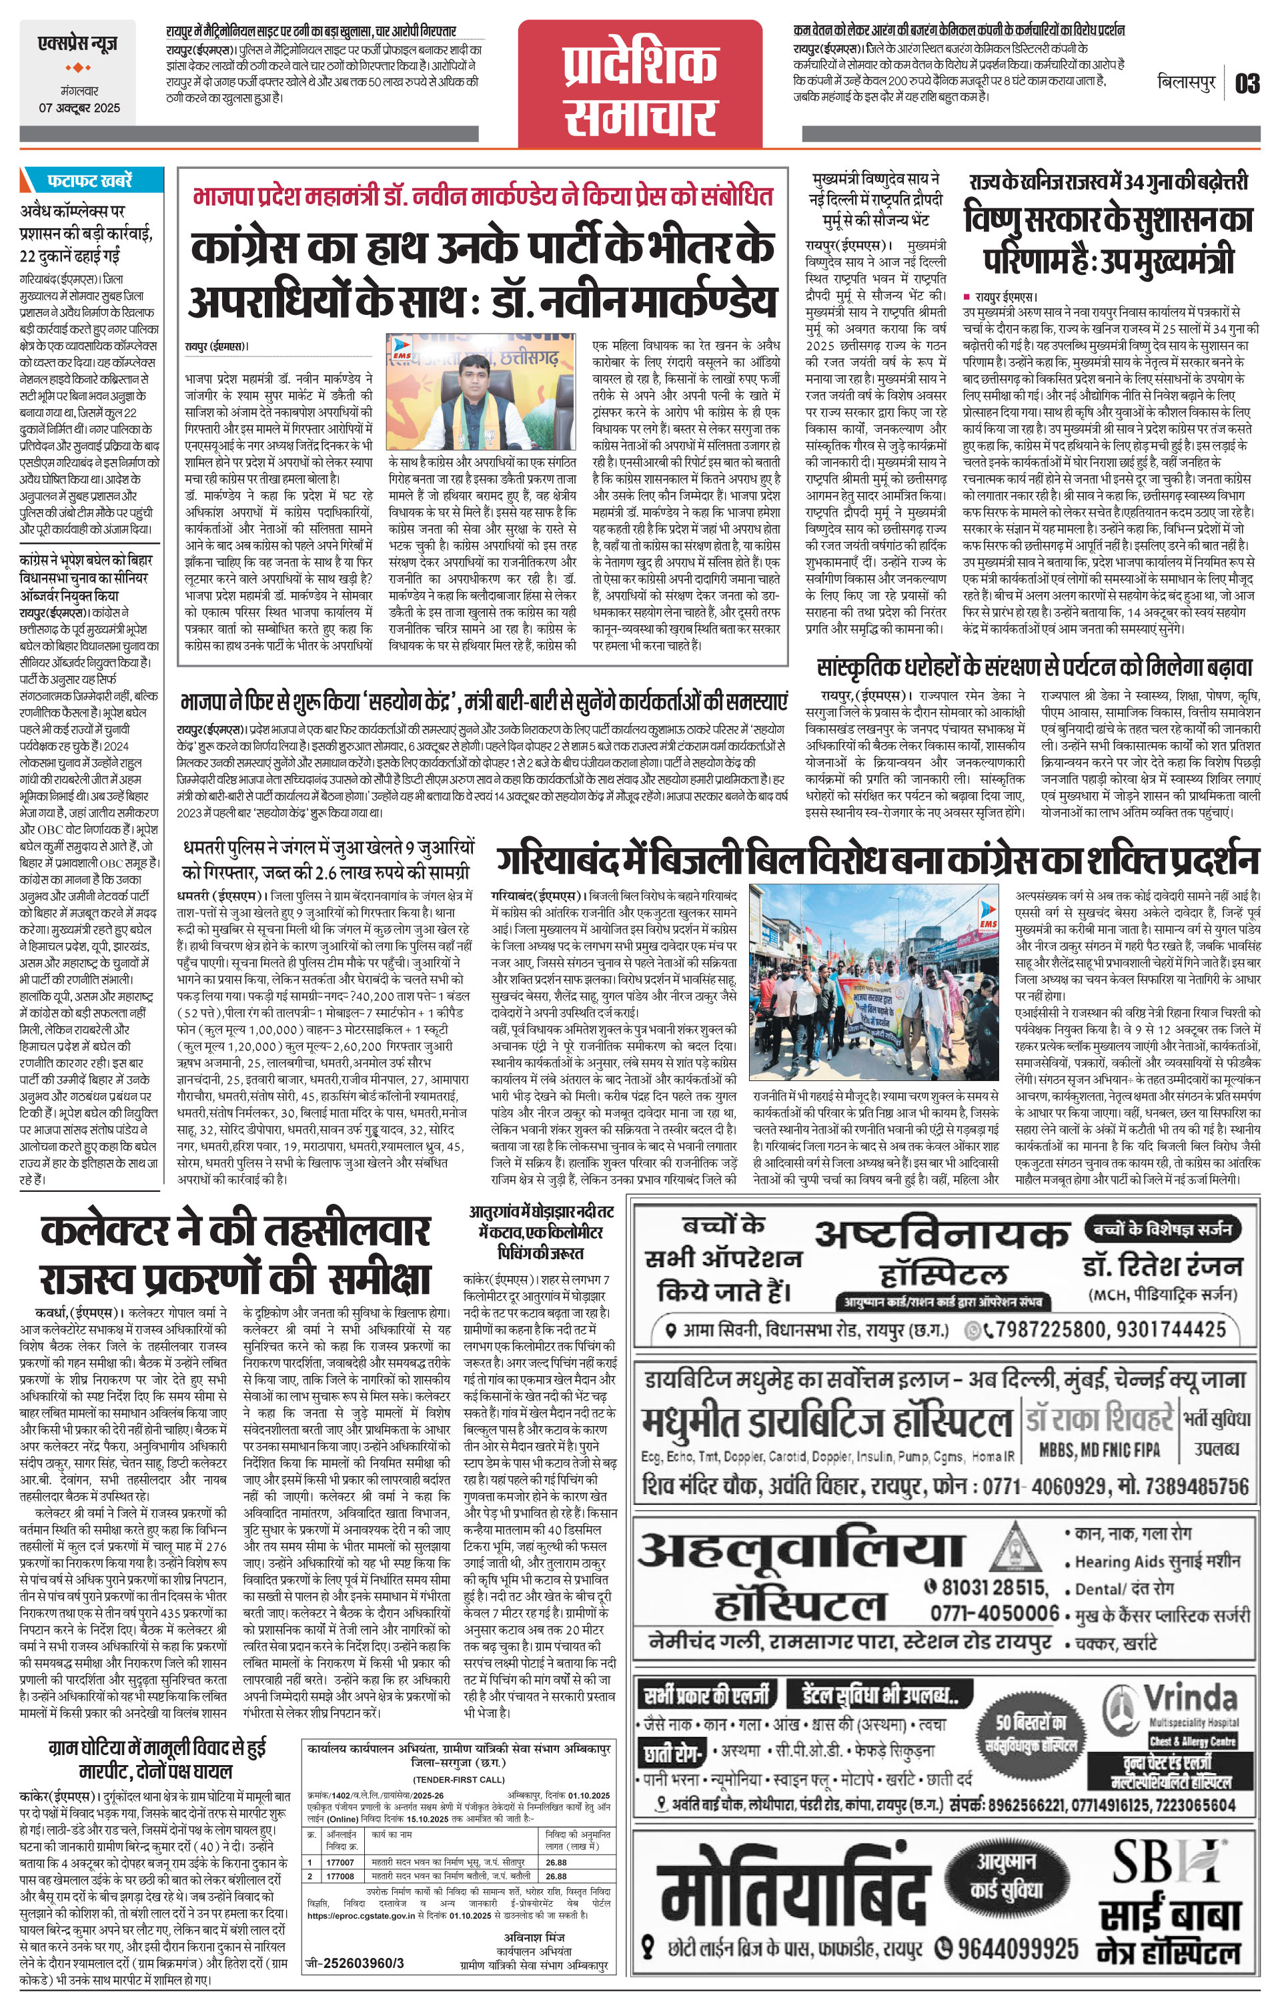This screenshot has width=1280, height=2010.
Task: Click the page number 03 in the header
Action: tap(1247, 83)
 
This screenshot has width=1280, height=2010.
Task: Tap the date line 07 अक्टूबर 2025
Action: tap(79, 107)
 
